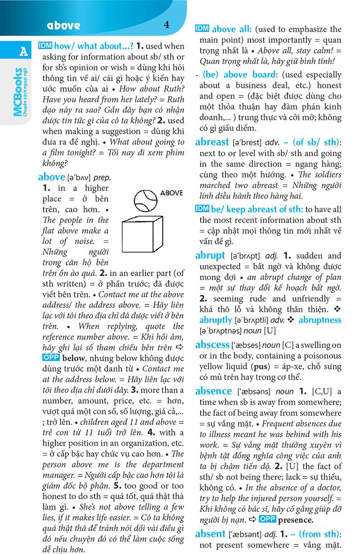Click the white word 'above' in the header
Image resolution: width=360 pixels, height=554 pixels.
(63, 26)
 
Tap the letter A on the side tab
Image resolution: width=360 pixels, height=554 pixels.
(23, 52)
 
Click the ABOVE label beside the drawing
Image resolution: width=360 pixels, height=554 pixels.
(171, 193)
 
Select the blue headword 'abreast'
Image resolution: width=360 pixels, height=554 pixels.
(212, 142)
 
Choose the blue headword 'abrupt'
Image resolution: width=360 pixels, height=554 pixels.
(210, 255)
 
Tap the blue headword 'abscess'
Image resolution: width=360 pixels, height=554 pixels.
(212, 345)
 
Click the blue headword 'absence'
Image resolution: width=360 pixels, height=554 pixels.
(213, 391)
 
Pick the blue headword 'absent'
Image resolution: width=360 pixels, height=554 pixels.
(211, 534)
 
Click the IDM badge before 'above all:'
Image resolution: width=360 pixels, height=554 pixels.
(202, 29)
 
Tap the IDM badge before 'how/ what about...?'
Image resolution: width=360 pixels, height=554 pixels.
(45, 45)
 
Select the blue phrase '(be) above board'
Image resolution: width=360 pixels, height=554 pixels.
(239, 75)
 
